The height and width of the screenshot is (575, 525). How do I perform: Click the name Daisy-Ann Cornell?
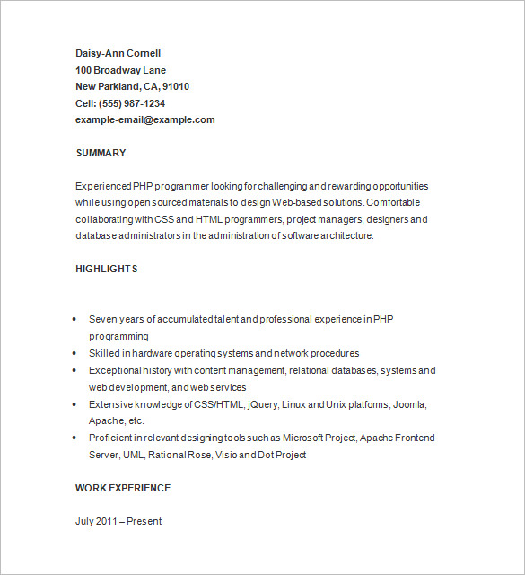click(118, 53)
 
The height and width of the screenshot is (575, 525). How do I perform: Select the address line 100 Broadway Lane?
click(120, 70)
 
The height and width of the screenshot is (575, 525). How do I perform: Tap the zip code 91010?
click(175, 86)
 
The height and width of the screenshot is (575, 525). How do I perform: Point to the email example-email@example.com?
click(145, 119)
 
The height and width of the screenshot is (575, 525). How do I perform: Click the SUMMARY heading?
click(101, 153)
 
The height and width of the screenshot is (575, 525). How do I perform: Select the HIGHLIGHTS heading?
click(106, 269)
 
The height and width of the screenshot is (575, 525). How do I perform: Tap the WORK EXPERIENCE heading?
click(123, 488)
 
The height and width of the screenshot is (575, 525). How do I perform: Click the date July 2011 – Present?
click(118, 521)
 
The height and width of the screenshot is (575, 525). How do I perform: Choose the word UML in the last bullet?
click(134, 455)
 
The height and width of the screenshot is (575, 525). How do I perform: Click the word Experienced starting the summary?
click(103, 186)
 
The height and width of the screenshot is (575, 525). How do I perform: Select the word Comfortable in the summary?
click(398, 202)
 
